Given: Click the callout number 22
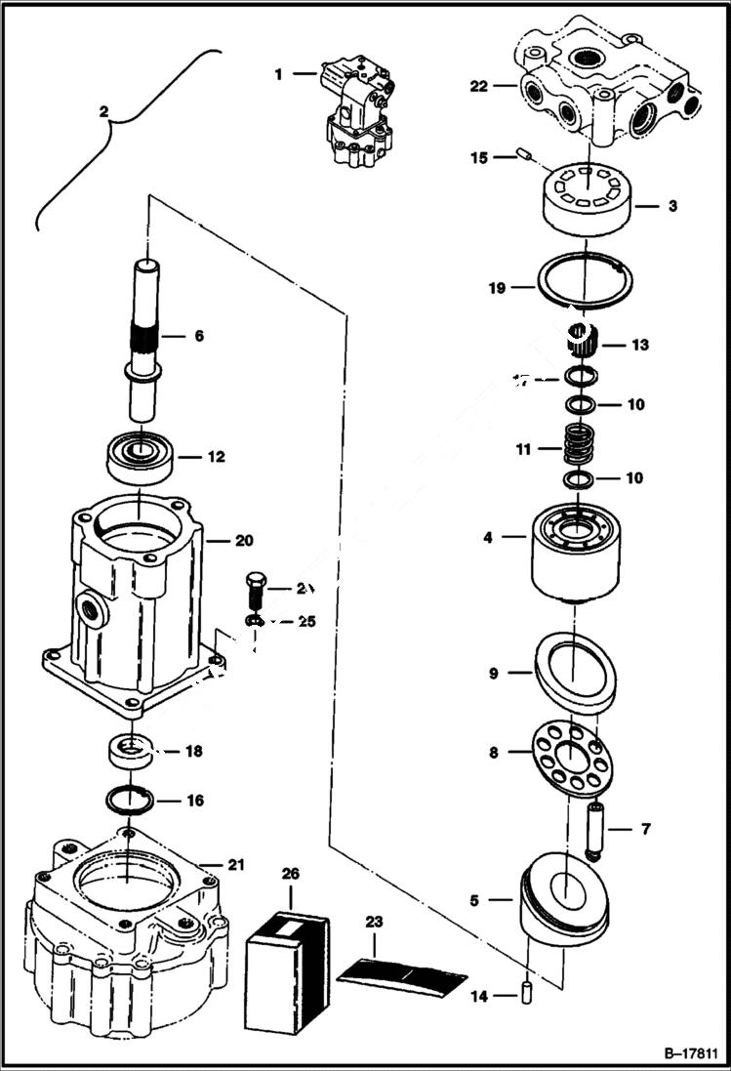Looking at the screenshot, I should pyautogui.click(x=478, y=86).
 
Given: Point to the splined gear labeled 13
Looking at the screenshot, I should pyautogui.click(x=583, y=342).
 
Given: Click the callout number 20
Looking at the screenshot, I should pyautogui.click(x=243, y=539).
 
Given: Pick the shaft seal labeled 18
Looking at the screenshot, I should pyautogui.click(x=129, y=752).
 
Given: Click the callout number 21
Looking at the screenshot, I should pyautogui.click(x=235, y=864).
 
